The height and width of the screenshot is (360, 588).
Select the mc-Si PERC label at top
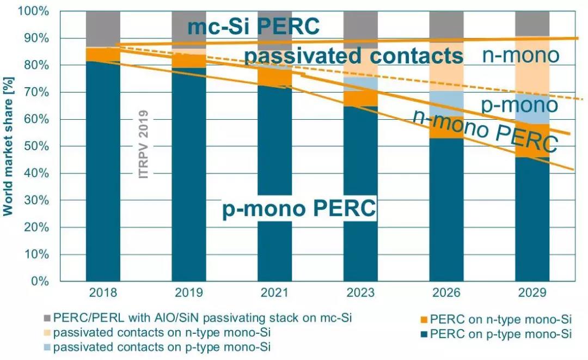coord(253,26)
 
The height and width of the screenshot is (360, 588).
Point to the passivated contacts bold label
coord(354,56)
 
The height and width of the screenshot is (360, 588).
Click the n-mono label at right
coord(521,56)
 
